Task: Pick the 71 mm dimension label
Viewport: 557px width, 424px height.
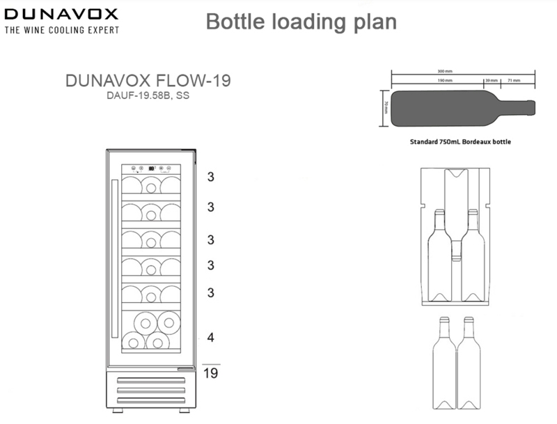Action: click(515, 80)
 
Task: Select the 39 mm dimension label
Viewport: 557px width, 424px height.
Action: click(491, 80)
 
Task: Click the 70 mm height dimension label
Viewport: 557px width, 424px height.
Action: click(385, 109)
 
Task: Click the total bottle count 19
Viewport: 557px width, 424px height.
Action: click(212, 373)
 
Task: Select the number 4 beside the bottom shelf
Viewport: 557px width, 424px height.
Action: click(210, 338)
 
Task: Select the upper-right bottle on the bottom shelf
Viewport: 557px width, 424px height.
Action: click(169, 322)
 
